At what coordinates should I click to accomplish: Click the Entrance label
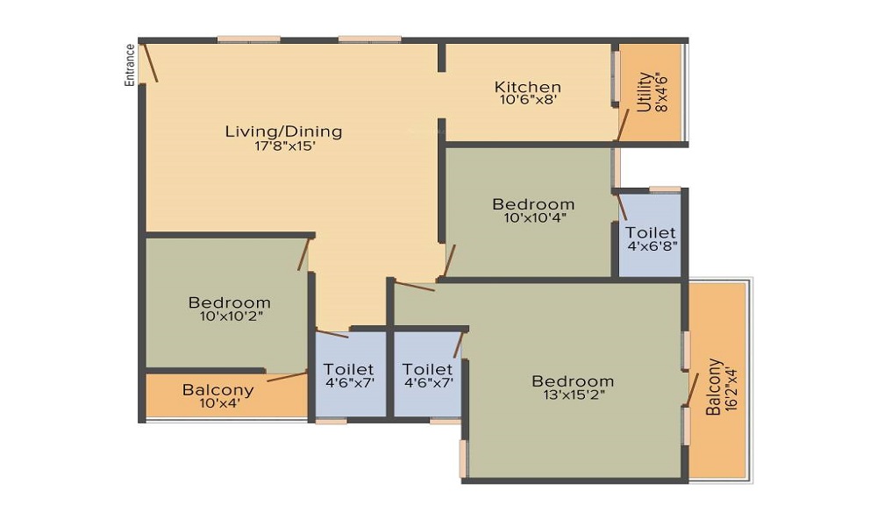(130, 65)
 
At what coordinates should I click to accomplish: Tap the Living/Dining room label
(283, 131)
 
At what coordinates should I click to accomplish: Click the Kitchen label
(527, 87)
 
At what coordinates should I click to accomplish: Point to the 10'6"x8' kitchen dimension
(529, 100)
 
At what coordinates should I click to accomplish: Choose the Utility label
(645, 92)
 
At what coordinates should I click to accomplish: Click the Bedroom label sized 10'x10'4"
(533, 204)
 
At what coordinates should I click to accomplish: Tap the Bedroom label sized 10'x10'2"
(229, 303)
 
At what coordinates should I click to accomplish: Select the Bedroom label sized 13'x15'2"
(573, 381)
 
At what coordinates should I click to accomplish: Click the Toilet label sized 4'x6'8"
(651, 232)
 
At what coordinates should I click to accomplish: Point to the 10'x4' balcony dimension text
(220, 402)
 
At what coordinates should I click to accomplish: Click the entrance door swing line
(151, 62)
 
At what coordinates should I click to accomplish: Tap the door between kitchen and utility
(623, 124)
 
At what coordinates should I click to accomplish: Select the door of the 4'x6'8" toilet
(621, 206)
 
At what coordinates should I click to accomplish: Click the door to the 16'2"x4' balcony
(692, 389)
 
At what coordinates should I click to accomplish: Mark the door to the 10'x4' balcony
(287, 376)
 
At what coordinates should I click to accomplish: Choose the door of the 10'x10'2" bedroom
(303, 254)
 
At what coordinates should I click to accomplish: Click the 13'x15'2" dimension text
(574, 394)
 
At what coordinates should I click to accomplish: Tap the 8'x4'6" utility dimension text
(661, 92)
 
